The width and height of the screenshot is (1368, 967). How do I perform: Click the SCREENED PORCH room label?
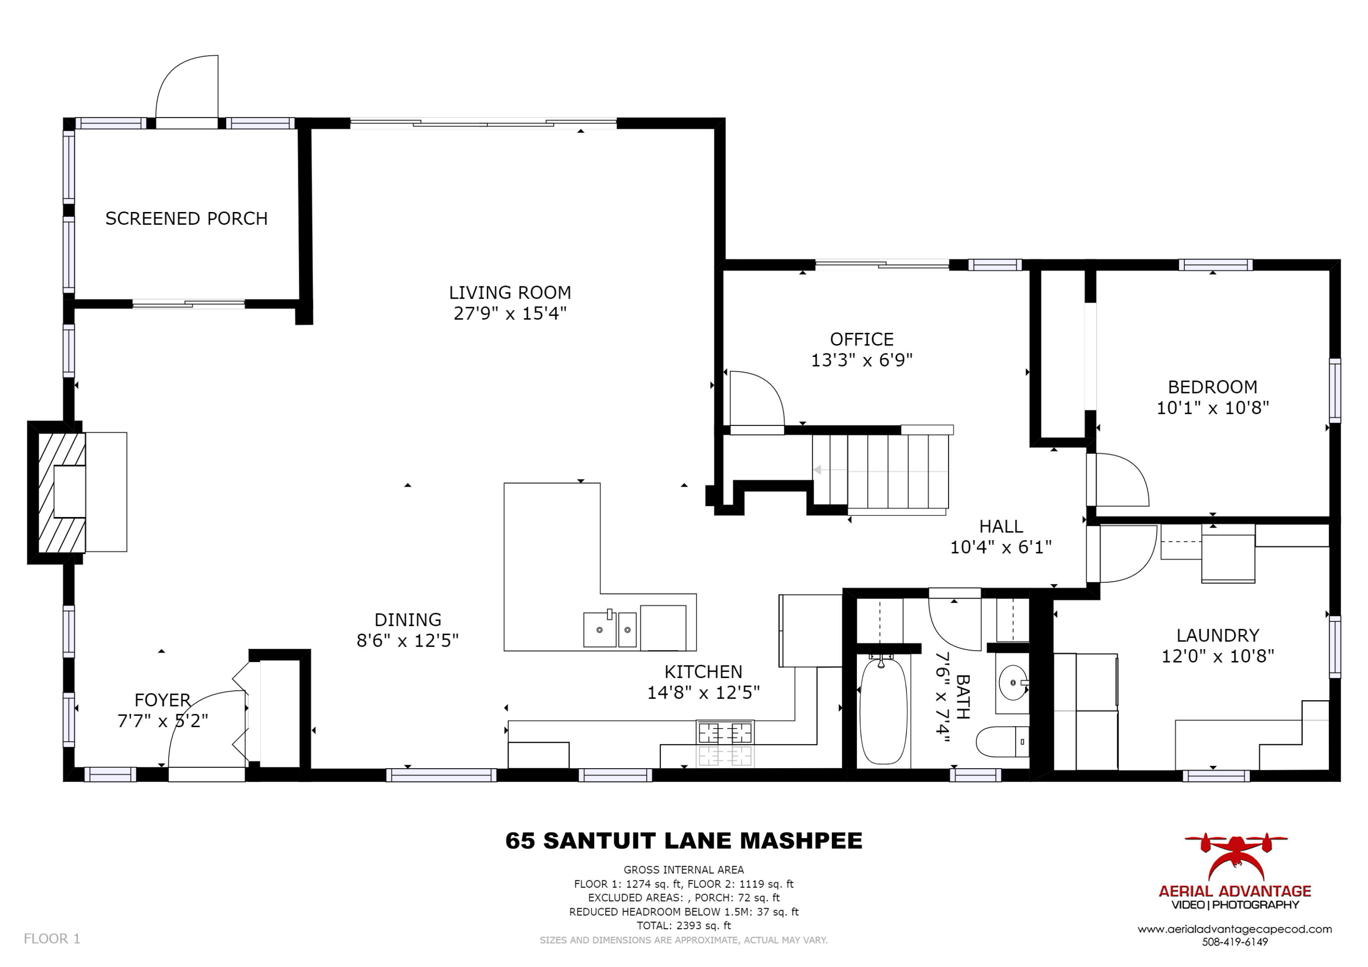(x=186, y=219)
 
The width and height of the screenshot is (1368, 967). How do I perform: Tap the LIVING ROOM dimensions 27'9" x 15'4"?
(x=509, y=313)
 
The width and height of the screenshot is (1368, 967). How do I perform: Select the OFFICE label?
(x=861, y=340)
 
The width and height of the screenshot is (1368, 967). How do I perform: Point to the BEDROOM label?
(x=1212, y=387)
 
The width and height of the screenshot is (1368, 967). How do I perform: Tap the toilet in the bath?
(x=1001, y=742)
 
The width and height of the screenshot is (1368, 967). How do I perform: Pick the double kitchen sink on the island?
(x=610, y=629)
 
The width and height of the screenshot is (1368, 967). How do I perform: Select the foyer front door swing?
(x=206, y=730)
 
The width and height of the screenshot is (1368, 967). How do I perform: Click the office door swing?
(x=756, y=398)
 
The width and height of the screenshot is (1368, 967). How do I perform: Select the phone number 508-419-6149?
(x=1234, y=942)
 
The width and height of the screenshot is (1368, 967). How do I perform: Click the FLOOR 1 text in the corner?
(x=52, y=939)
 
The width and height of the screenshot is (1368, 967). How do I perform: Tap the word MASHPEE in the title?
(x=801, y=841)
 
